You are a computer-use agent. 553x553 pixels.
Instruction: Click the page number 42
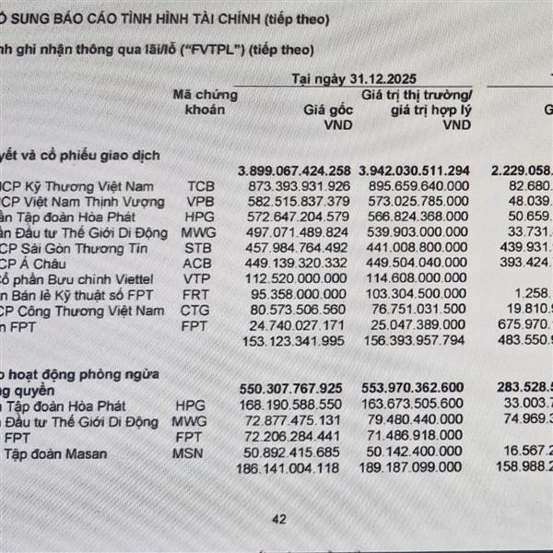point(278,520)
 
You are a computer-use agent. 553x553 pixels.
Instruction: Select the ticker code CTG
point(199,311)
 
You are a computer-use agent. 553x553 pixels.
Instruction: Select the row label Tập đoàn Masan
point(55,453)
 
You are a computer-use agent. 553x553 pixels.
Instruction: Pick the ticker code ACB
point(199,263)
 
